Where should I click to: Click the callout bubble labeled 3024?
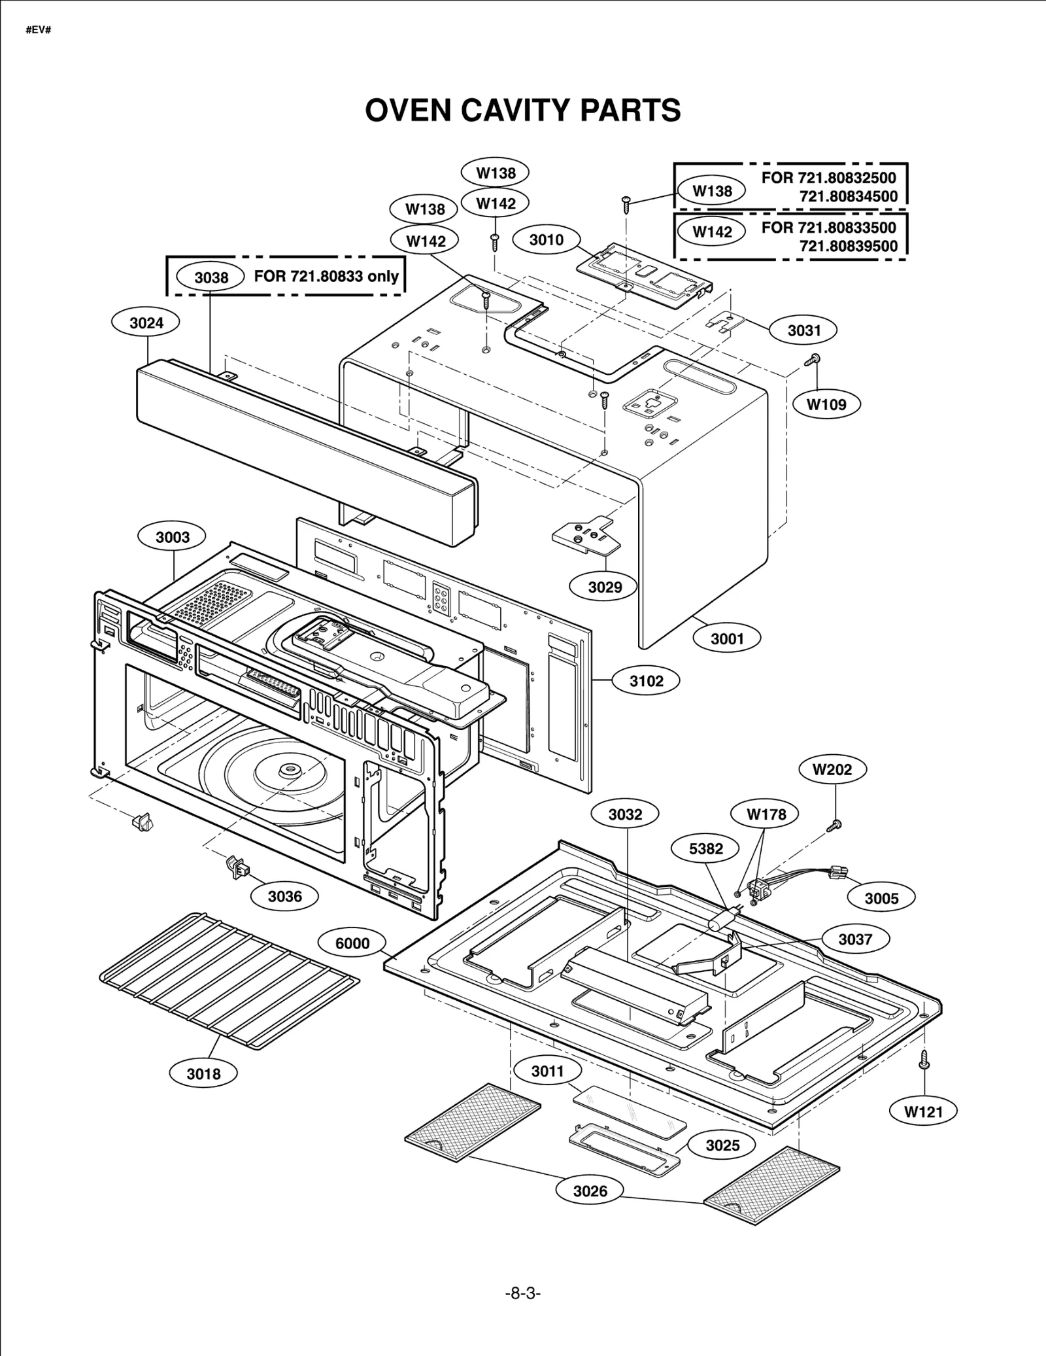point(146,322)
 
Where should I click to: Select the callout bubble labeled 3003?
point(173,537)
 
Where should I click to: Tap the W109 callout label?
point(826,404)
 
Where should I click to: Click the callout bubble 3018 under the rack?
point(203,1073)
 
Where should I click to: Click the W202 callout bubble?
point(832,769)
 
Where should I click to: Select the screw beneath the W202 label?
point(835,826)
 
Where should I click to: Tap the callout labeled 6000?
point(352,943)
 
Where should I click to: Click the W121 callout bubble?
point(924,1111)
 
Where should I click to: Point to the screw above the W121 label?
point(924,1059)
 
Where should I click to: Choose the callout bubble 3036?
point(285,896)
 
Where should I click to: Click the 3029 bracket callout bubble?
point(605,587)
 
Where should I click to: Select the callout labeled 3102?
point(646,681)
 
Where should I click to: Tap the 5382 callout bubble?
point(706,849)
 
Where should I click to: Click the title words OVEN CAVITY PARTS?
point(522,110)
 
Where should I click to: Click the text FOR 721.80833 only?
point(326,276)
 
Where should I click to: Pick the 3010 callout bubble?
point(546,240)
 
